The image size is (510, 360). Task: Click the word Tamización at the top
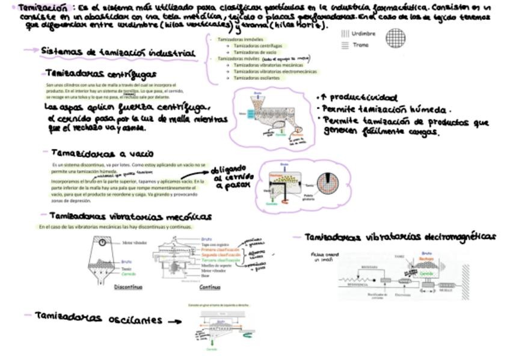[43, 8]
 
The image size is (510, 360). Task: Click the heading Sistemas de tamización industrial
[118, 52]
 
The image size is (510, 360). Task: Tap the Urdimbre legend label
[363, 34]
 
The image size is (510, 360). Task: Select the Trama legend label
[361, 45]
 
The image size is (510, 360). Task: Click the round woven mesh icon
[396, 39]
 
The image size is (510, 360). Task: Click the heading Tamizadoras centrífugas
[100, 74]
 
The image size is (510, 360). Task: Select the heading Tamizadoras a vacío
[102, 153]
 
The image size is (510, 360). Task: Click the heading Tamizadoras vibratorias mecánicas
[129, 216]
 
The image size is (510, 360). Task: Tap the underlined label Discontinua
[128, 287]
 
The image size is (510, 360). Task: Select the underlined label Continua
[209, 287]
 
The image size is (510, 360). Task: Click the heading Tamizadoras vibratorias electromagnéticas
[400, 237]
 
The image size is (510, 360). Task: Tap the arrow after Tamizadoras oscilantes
[174, 322]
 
